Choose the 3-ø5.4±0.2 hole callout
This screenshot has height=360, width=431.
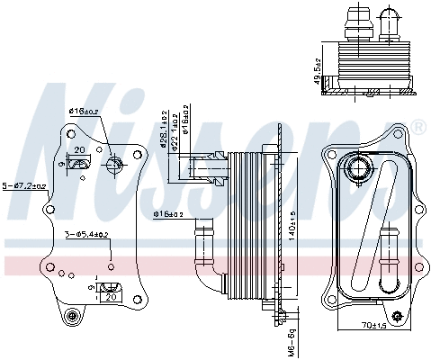87,234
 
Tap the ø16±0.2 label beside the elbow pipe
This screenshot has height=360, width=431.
168,214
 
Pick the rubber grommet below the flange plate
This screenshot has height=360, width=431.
73,317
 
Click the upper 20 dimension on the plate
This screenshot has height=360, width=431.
80,150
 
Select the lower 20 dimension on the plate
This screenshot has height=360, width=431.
111,296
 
